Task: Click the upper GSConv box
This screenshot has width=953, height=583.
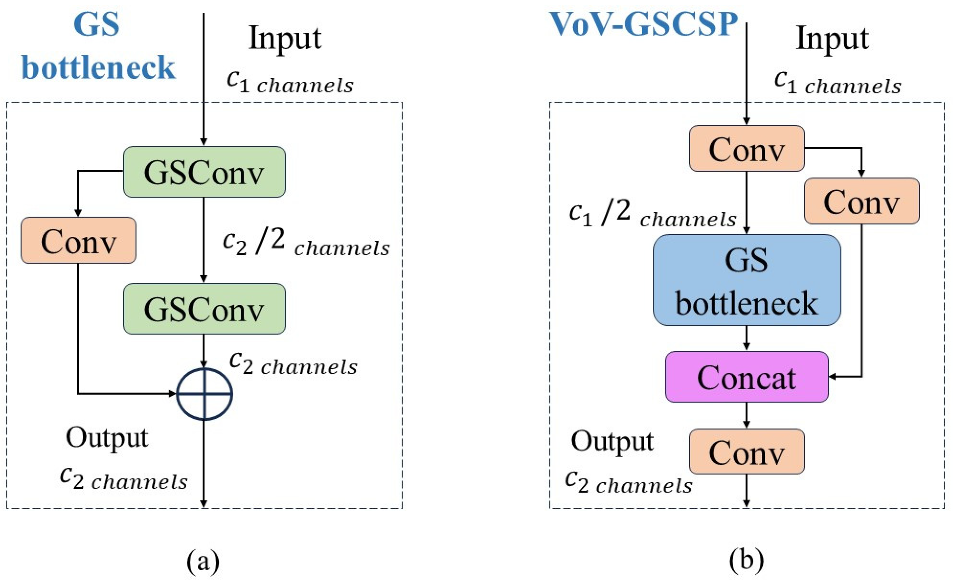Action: tap(204, 172)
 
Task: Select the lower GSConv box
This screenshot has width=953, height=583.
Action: tap(204, 309)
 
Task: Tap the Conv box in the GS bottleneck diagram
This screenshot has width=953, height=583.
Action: tap(78, 241)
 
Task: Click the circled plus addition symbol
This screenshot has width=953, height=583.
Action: tap(204, 394)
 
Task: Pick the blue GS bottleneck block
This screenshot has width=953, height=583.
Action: tap(747, 280)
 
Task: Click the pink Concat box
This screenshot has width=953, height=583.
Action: tap(747, 377)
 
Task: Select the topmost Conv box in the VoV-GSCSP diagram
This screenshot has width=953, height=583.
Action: tap(747, 149)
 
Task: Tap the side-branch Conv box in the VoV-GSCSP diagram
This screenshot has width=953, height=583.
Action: tap(861, 201)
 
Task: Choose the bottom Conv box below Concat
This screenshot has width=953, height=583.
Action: tap(747, 451)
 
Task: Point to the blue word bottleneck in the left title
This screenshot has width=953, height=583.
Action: tap(99, 68)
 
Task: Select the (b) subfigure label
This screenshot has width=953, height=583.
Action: tap(747, 560)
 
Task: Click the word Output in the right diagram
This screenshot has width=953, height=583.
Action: tap(612, 441)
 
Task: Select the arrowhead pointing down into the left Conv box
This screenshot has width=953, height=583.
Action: tap(78, 213)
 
